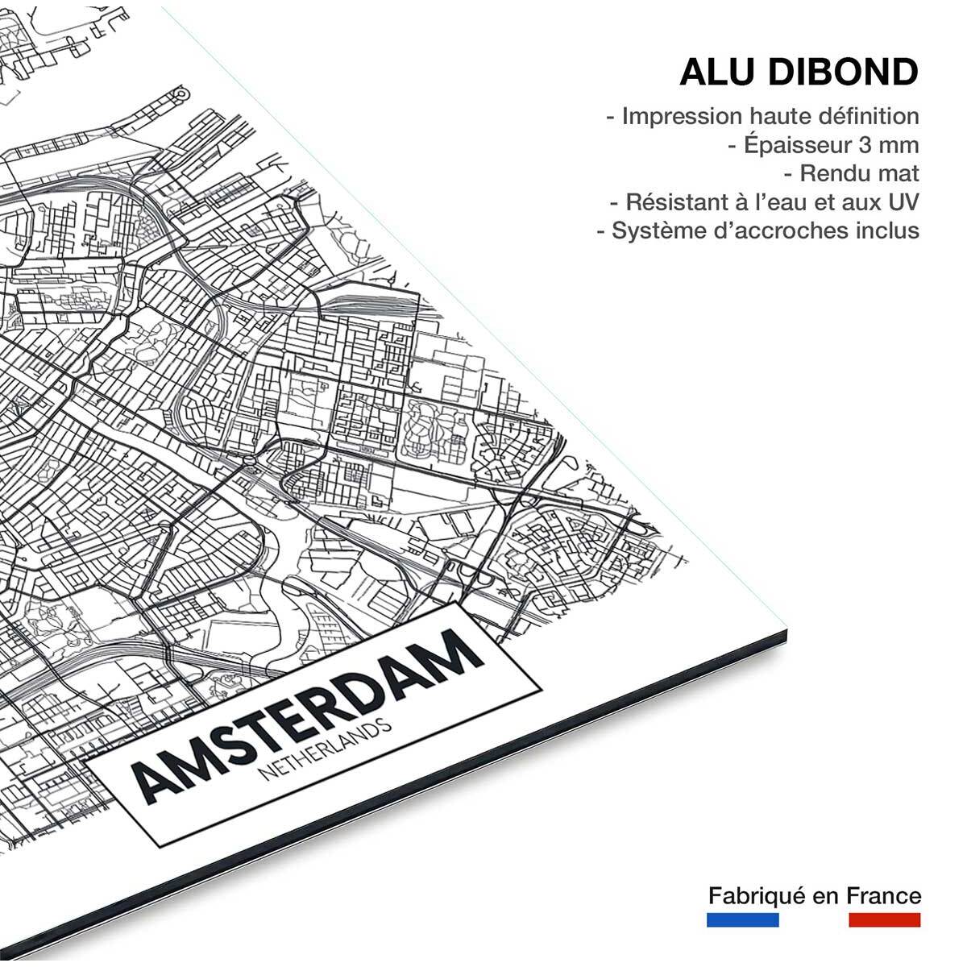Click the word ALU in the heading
click(716, 72)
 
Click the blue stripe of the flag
click(742, 919)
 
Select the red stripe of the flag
click(884, 919)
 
